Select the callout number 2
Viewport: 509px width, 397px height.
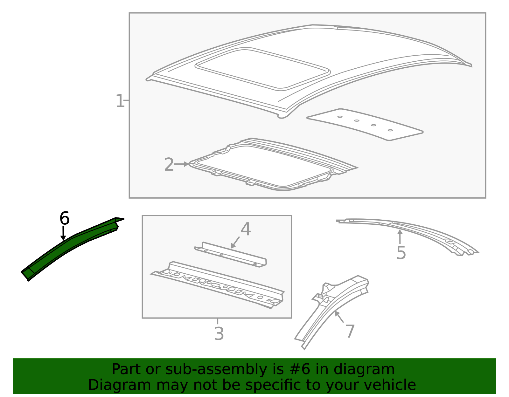[x=169, y=164]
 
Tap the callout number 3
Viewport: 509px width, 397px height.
[x=219, y=334]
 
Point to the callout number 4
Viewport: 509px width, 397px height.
[x=246, y=229]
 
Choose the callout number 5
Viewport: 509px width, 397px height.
[x=401, y=253]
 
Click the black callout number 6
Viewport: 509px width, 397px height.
[x=64, y=218]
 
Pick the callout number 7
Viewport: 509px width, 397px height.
[x=350, y=331]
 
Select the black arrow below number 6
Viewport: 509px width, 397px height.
[x=63, y=233]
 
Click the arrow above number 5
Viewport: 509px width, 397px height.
[x=400, y=237]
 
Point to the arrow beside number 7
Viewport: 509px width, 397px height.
[x=339, y=317]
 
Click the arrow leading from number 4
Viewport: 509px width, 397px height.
[x=235, y=243]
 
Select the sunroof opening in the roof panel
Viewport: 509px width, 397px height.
[x=262, y=69]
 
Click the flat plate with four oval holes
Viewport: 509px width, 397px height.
[x=365, y=125]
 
